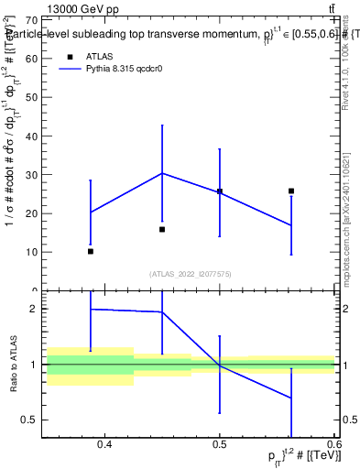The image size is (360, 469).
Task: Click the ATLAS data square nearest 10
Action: pyautogui.click(x=90, y=251)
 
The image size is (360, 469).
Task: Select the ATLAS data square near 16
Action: pyautogui.click(x=162, y=229)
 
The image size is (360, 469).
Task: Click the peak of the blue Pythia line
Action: pyautogui.click(x=162, y=172)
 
